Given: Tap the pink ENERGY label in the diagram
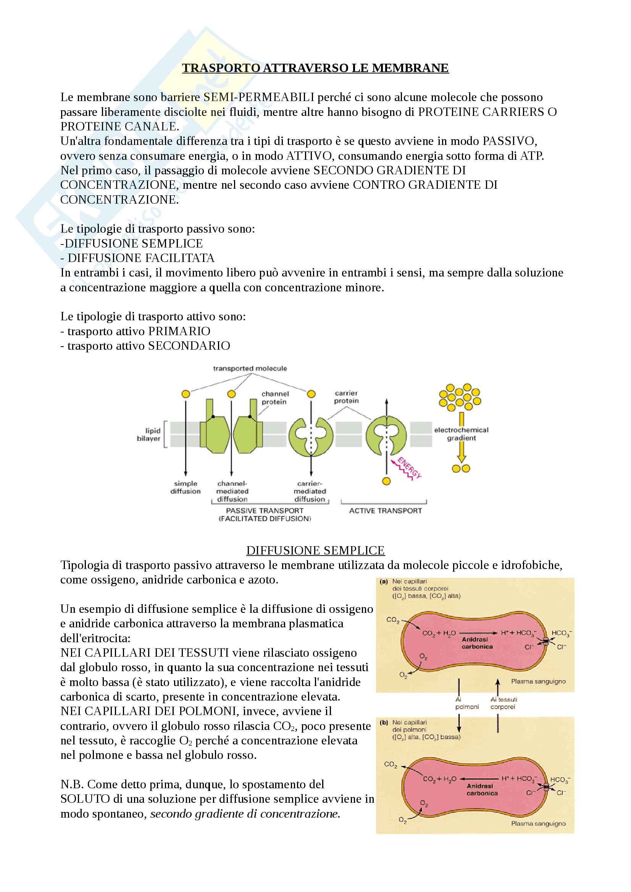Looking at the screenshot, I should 409,468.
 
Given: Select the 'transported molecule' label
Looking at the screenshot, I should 250,368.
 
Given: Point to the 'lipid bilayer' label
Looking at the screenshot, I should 149,434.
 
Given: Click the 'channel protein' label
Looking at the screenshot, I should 275,398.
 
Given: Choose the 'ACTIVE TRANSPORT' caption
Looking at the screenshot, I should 385,511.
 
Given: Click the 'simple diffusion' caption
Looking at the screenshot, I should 186,487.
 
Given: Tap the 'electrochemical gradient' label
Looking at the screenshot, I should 461,434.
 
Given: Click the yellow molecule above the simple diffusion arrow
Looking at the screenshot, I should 186,394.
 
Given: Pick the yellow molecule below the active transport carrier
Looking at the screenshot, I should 386,481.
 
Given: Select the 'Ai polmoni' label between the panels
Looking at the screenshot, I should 466,703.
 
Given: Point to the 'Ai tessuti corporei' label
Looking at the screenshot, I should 503,703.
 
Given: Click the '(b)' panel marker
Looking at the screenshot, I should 384,723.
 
